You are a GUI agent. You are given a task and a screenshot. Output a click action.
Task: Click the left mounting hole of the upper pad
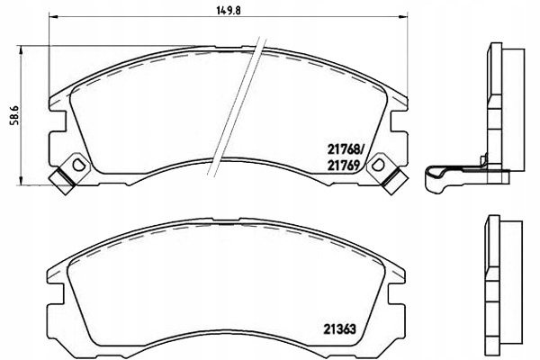78,165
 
